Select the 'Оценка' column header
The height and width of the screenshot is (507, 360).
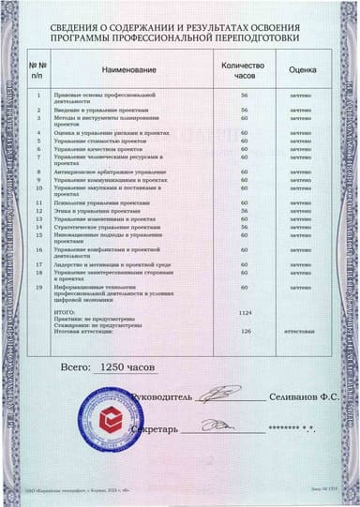301,70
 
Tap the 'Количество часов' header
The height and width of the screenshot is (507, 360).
244,70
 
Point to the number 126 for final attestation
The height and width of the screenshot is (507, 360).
246,331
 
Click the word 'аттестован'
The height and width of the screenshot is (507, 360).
300,331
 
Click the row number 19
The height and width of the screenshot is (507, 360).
37,287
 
